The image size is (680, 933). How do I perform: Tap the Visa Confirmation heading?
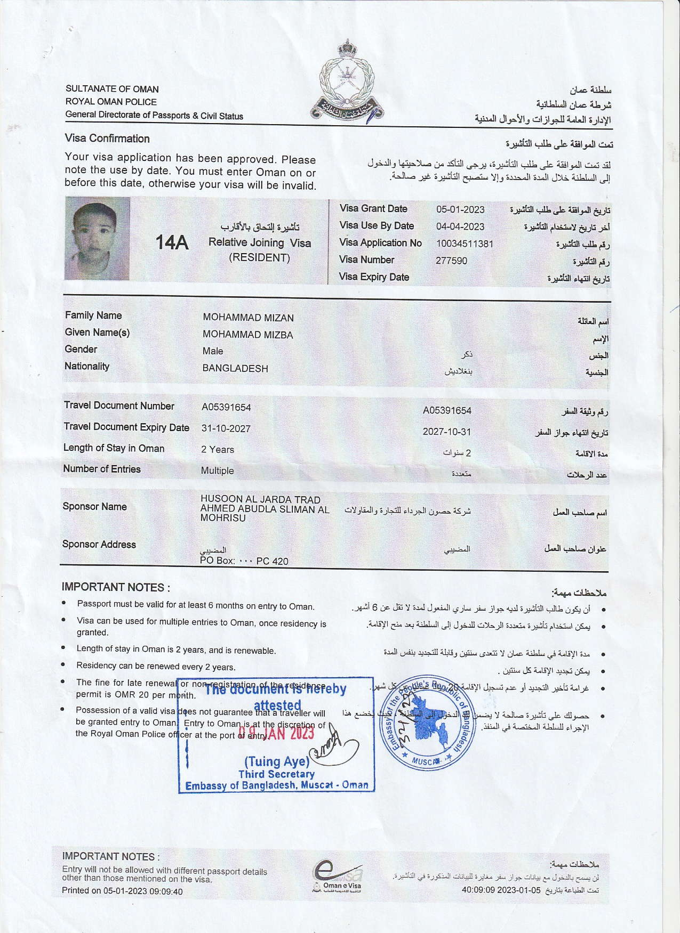click(x=107, y=139)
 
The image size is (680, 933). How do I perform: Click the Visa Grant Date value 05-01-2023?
click(x=460, y=209)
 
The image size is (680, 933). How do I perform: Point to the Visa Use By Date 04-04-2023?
click(x=460, y=227)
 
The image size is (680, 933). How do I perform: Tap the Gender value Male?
click(x=213, y=351)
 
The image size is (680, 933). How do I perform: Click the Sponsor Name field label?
click(x=94, y=506)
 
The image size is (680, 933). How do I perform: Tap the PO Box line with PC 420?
click(x=244, y=561)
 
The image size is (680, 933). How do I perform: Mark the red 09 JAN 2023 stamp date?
click(x=277, y=733)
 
